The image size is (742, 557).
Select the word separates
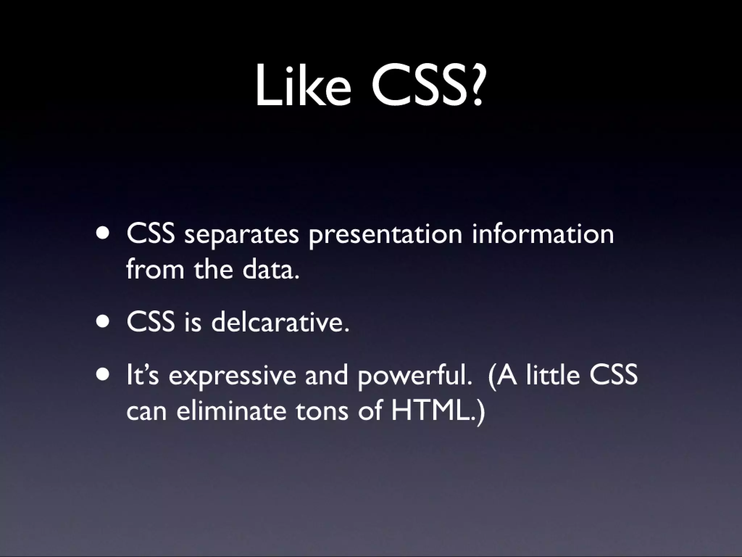tap(242, 235)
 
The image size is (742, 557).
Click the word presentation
tap(385, 235)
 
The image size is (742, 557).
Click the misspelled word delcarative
tap(280, 322)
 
